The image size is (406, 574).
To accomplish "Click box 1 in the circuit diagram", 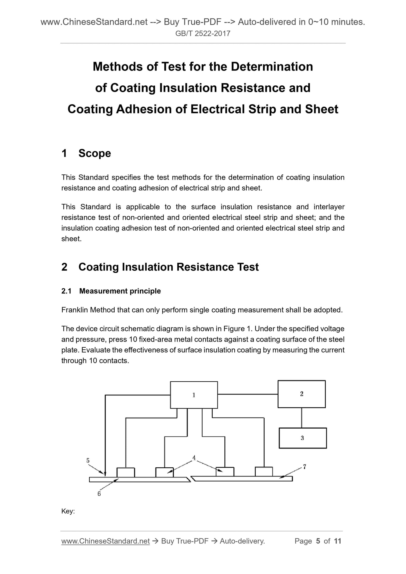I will point(194,395).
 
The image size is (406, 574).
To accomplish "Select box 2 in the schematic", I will point(301,394).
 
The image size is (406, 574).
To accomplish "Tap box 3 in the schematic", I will point(302,438).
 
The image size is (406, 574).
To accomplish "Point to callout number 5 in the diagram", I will point(88,460).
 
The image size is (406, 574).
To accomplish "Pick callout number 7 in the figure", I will point(305,467).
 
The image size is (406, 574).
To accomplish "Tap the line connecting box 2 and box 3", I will point(301,418).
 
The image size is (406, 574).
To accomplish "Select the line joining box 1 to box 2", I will point(248,394).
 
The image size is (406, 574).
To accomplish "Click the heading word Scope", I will point(95,153).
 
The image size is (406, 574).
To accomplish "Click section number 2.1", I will point(66,291).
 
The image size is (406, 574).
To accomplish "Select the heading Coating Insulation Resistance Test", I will point(168,267).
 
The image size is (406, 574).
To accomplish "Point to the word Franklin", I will point(74,310).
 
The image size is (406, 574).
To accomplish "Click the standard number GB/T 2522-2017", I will point(203,34).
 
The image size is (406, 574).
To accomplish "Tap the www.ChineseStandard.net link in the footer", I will point(105,541).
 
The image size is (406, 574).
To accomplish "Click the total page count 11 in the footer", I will point(338,541).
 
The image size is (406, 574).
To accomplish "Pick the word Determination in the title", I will point(272,67).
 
